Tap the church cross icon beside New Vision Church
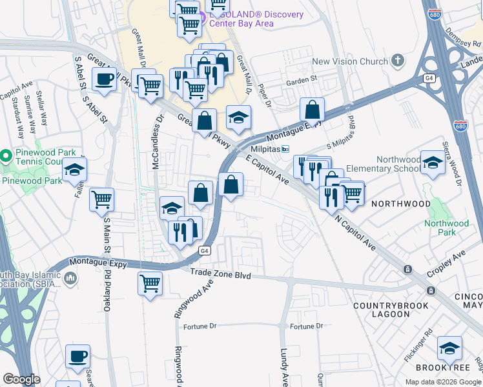click(x=398, y=62)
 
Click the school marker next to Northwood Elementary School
click(x=432, y=164)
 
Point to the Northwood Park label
click(x=446, y=228)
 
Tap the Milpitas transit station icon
click(x=283, y=148)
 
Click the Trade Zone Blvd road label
click(x=220, y=275)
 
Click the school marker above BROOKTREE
click(x=449, y=349)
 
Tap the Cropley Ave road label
click(x=449, y=259)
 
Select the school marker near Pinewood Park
click(x=75, y=170)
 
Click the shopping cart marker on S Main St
click(x=101, y=201)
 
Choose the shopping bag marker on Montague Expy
click(x=312, y=110)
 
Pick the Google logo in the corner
click(x=21, y=379)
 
